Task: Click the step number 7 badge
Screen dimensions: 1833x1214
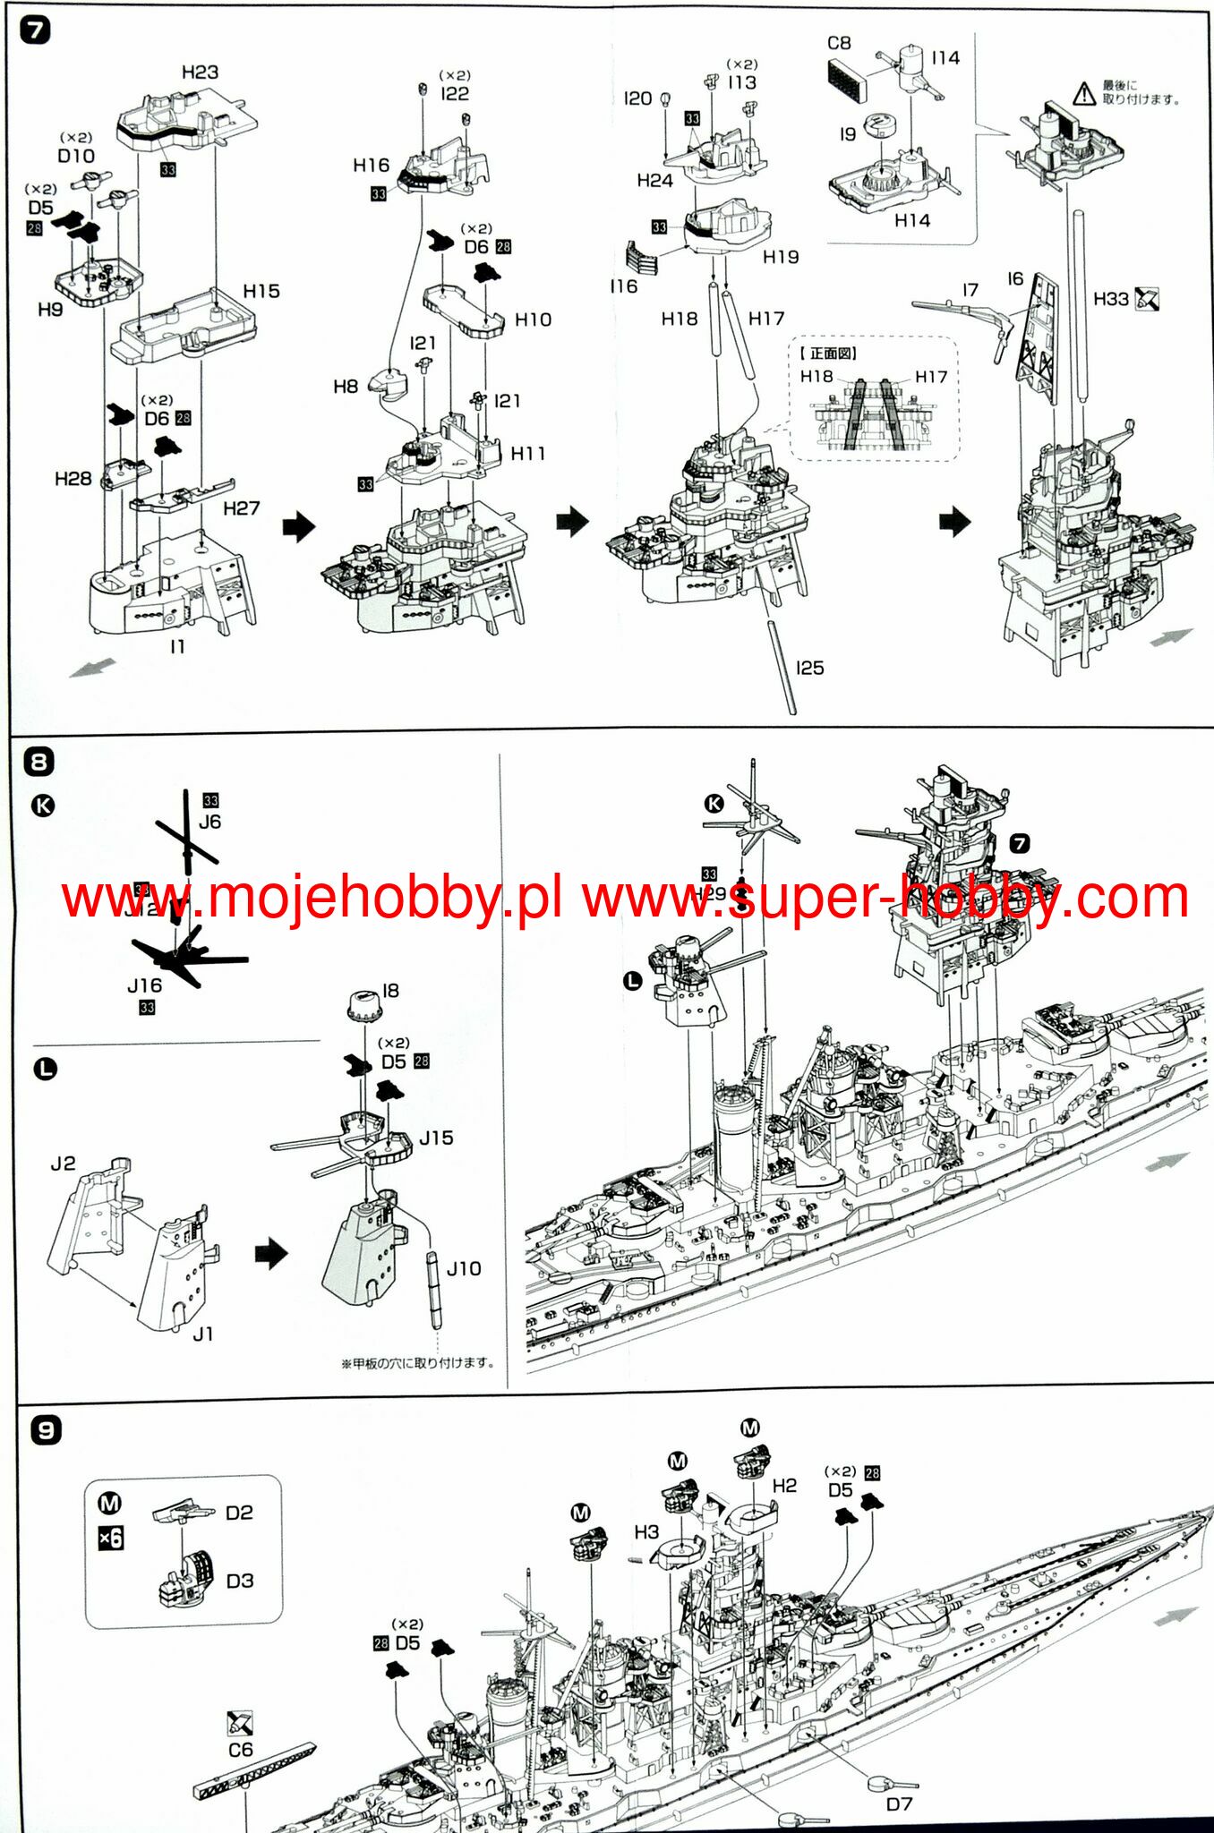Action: pyautogui.click(x=35, y=30)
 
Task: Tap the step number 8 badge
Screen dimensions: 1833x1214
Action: pyautogui.click(x=38, y=763)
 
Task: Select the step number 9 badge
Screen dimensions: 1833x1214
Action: pyautogui.click(x=46, y=1429)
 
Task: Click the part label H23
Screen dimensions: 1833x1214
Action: pyautogui.click(x=200, y=72)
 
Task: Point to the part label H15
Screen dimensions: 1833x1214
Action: pyautogui.click(x=261, y=292)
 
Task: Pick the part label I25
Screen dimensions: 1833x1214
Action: pyautogui.click(x=809, y=668)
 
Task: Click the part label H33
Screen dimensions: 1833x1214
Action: pyautogui.click(x=1110, y=299)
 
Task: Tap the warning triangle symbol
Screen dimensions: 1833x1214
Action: pyautogui.click(x=1084, y=92)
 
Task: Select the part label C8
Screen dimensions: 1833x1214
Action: pyautogui.click(x=839, y=43)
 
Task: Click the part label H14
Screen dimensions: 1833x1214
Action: pyautogui.click(x=912, y=220)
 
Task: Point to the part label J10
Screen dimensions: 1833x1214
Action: pyautogui.click(x=464, y=1268)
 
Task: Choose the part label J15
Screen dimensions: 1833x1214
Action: pyautogui.click(x=436, y=1138)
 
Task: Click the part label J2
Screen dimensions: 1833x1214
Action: pyautogui.click(x=63, y=1164)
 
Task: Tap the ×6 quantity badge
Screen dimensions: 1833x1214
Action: pyautogui.click(x=110, y=1539)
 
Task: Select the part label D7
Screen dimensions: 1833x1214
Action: pyautogui.click(x=899, y=1804)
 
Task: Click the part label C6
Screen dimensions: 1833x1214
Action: pyautogui.click(x=240, y=1749)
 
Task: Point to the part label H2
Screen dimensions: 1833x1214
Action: pyautogui.click(x=784, y=1486)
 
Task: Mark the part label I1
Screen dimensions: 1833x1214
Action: pyautogui.click(x=177, y=646)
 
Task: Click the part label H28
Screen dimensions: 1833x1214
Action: pyautogui.click(x=73, y=479)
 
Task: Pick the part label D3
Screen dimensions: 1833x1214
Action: pyautogui.click(x=240, y=1581)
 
